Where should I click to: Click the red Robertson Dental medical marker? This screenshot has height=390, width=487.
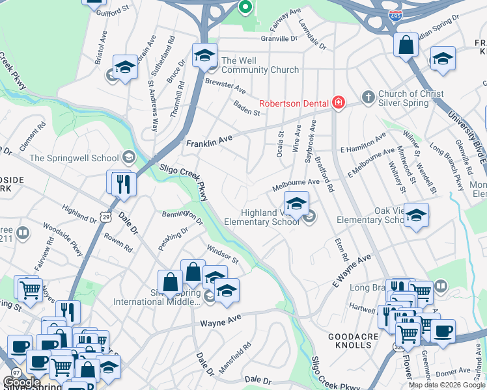click(x=338, y=103)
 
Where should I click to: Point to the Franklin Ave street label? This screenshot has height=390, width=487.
click(x=209, y=141)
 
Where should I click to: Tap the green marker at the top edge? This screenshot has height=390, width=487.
click(x=245, y=7)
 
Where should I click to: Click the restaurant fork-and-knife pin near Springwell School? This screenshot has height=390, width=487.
click(x=123, y=183)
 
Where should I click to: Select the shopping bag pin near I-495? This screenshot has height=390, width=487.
click(x=406, y=45)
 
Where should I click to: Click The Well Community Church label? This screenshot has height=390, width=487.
click(x=260, y=65)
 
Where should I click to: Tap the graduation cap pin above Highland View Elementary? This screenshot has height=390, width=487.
click(x=296, y=203)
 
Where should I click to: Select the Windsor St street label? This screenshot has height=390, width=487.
click(x=223, y=254)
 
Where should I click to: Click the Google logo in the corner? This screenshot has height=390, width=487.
click(x=21, y=382)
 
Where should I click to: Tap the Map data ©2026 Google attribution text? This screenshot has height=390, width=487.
click(x=447, y=385)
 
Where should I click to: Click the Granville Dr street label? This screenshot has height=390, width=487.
click(x=278, y=38)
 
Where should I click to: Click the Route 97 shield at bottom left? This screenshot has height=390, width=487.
click(x=14, y=372)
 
